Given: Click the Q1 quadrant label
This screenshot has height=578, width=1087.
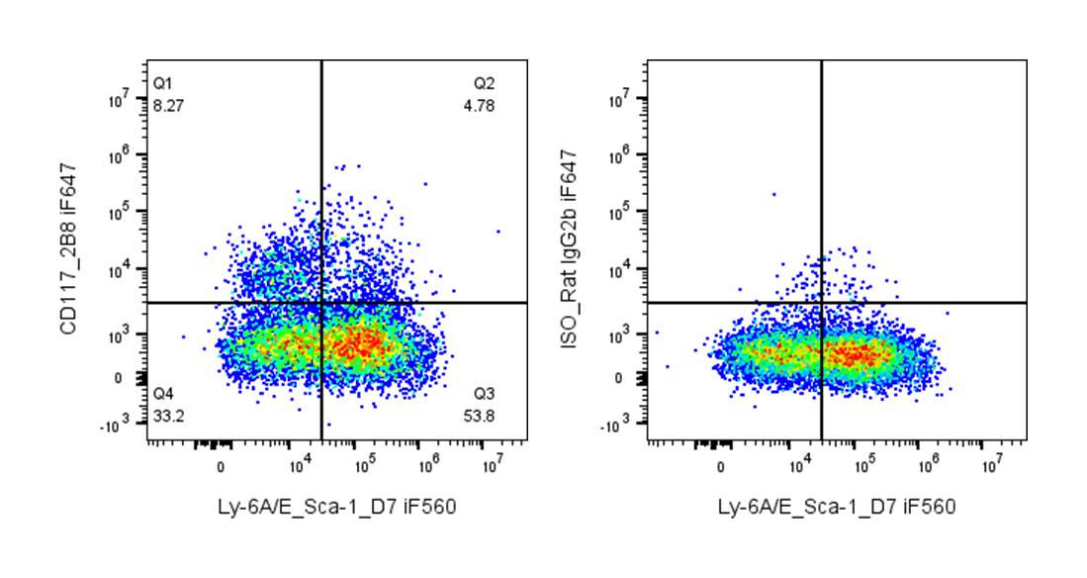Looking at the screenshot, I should coord(163,82).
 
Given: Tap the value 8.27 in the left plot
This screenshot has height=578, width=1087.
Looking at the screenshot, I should coord(167,103).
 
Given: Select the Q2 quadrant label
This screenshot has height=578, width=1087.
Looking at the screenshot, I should coord(484,82).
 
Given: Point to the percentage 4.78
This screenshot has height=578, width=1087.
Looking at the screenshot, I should coord(479,103).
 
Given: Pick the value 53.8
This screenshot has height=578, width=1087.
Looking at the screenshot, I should coord(479,414).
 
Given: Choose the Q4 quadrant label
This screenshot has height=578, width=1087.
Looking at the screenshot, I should coord(163,393).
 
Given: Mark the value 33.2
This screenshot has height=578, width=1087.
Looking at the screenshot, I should coord(167,414).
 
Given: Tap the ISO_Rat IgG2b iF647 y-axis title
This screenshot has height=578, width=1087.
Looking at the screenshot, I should coord(569,248).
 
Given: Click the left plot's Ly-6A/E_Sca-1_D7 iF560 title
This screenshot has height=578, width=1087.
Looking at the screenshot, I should coord(337,507).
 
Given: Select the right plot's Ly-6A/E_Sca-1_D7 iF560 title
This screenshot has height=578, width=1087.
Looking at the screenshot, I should coord(837,507).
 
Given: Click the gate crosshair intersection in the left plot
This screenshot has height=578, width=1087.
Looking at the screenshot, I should coord(321,302).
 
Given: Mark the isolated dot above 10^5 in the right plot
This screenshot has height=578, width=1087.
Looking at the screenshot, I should coord(773,194).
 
